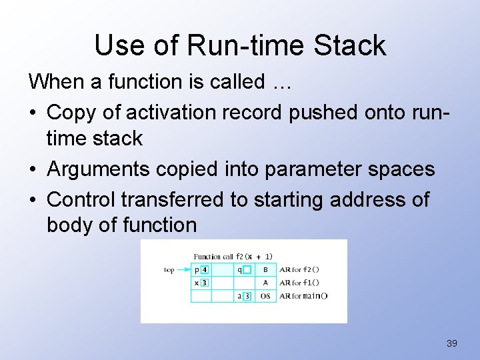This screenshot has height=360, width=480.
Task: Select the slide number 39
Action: (451, 343)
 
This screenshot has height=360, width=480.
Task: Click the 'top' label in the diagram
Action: (169, 270)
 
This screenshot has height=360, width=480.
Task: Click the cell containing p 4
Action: (201, 270)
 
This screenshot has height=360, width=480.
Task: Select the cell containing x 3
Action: (201, 283)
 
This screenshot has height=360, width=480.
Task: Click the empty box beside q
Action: (247, 270)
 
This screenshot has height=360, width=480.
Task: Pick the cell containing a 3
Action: (243, 296)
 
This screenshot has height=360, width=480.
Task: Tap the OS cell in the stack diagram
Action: (265, 296)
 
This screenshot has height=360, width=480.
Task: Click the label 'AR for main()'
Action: (303, 296)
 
